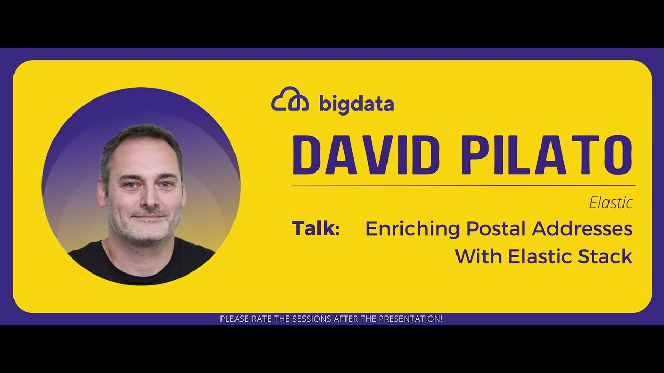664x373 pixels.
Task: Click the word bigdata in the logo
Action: [x=356, y=104]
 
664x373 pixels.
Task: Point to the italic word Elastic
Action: [x=611, y=203]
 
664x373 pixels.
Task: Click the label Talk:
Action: [x=315, y=228]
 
